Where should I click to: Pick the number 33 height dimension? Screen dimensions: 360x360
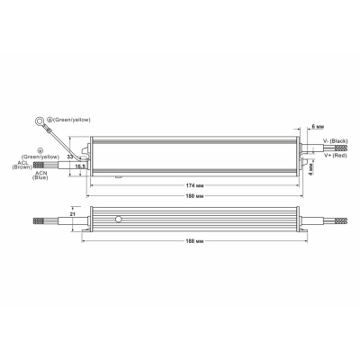[x=72, y=156]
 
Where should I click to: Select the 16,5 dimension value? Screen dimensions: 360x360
[x=79, y=166]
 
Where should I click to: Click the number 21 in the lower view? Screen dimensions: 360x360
[x=72, y=216]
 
